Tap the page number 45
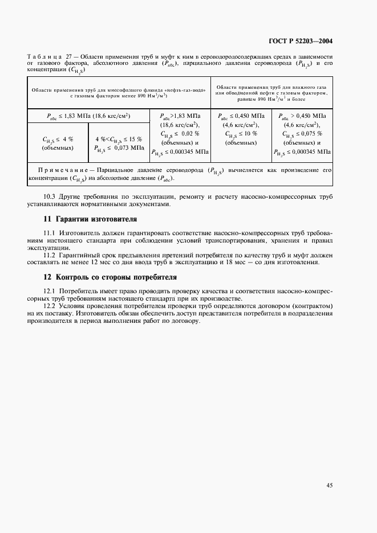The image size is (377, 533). (329, 485)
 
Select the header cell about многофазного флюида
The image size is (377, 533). (117, 93)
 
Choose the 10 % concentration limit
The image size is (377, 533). (249, 134)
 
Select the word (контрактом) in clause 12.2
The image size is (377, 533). (313, 306)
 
